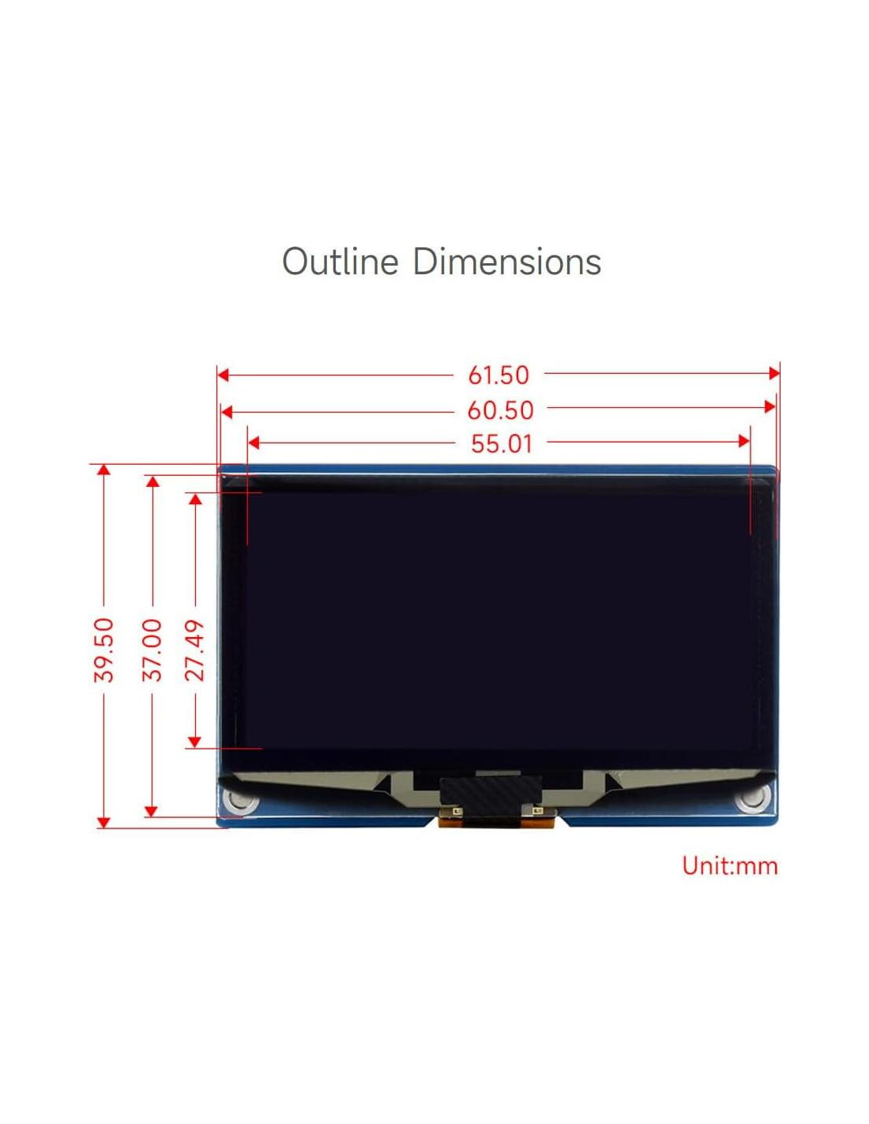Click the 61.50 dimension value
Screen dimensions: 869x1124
[498, 375]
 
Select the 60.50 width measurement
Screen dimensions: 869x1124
[500, 411]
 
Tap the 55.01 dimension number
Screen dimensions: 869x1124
[501, 443]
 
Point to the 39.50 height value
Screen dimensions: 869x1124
[104, 651]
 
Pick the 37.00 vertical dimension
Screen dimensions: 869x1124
[152, 651]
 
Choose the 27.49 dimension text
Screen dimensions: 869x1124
[195, 651]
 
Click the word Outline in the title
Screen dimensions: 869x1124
[340, 261]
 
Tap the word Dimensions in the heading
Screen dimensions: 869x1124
[507, 261]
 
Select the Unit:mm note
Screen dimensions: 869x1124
[729, 866]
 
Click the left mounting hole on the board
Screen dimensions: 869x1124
[240, 802]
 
